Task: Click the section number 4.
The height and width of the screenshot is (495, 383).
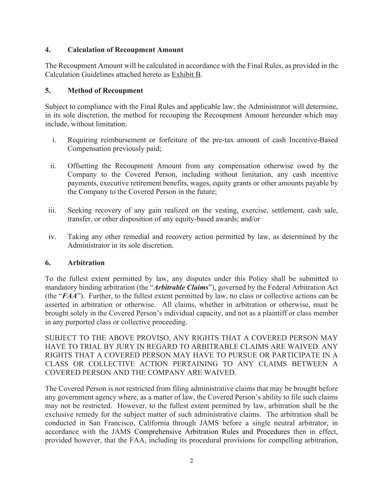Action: coord(48,50)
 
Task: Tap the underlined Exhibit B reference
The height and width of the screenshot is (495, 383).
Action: coord(186,75)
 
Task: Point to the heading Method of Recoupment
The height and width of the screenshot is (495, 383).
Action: coord(105,91)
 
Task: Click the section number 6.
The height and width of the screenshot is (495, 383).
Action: coord(48,263)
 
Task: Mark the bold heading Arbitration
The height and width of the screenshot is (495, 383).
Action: coord(86,263)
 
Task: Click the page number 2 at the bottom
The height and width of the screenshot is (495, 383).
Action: coord(191,461)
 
